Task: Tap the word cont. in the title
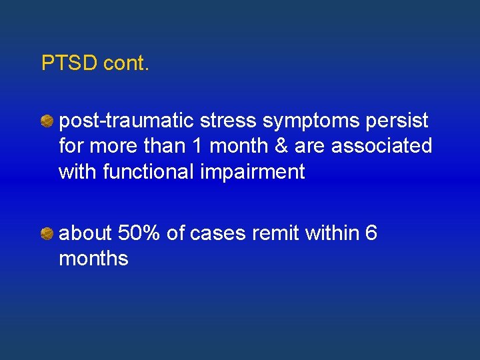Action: (127, 63)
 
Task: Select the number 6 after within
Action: (372, 233)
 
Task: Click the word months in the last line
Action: (93, 258)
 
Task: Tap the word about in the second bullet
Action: (85, 233)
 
